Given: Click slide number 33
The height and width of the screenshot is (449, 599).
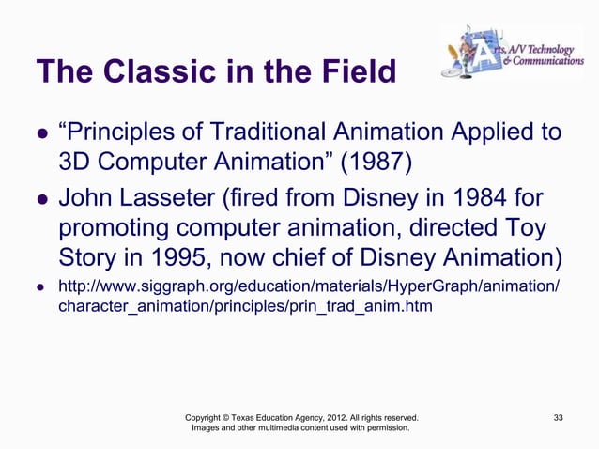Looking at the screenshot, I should pyautogui.click(x=559, y=416).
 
